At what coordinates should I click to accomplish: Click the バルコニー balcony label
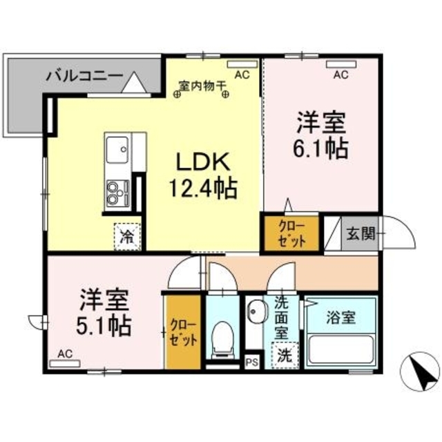point(85,75)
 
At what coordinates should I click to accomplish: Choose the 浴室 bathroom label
point(341,318)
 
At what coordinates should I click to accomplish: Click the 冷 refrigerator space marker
point(127,236)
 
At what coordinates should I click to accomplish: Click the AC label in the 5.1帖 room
point(65,354)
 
